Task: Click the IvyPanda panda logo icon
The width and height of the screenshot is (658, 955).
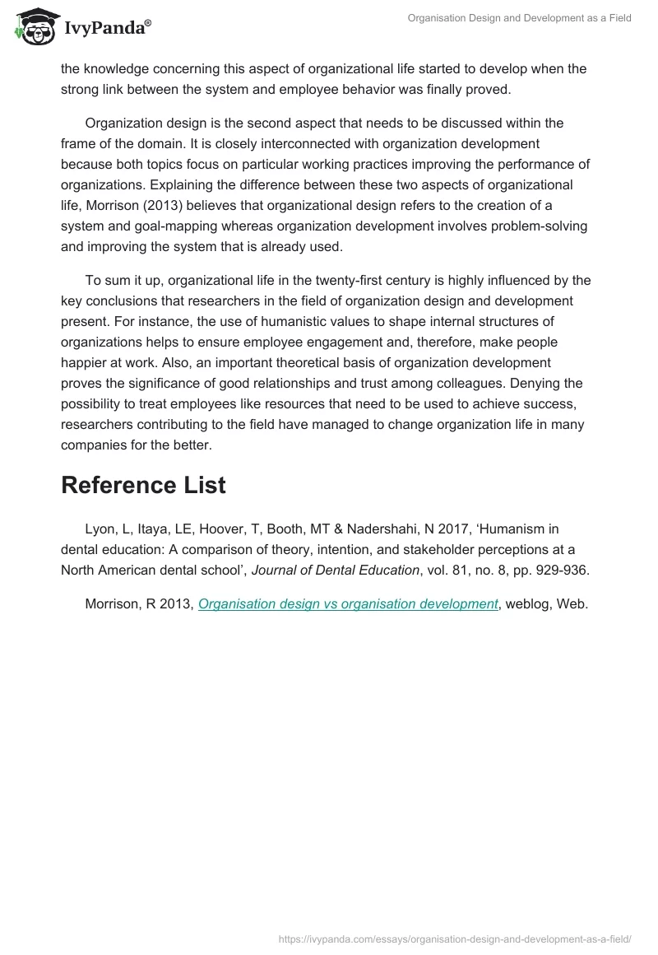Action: [x=34, y=27]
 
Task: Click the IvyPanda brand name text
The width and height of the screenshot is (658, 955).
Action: [x=107, y=29]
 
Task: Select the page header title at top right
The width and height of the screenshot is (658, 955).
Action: [x=519, y=18]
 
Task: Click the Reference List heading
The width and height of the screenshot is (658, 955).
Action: [x=143, y=485]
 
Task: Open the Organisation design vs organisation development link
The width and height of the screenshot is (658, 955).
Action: [x=348, y=603]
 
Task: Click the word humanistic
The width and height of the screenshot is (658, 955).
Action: [x=243, y=319]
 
